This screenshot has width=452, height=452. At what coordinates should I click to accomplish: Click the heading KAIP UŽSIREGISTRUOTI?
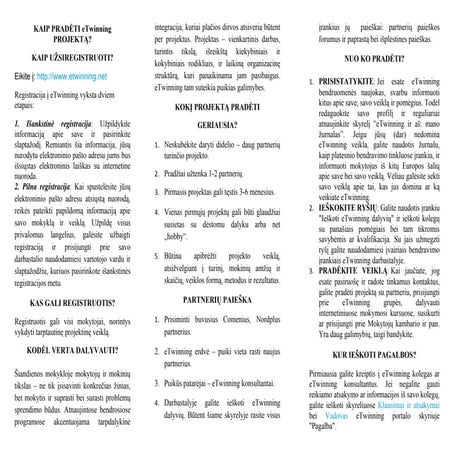75,59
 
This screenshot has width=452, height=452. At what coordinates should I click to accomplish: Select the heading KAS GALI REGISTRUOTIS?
75,301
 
